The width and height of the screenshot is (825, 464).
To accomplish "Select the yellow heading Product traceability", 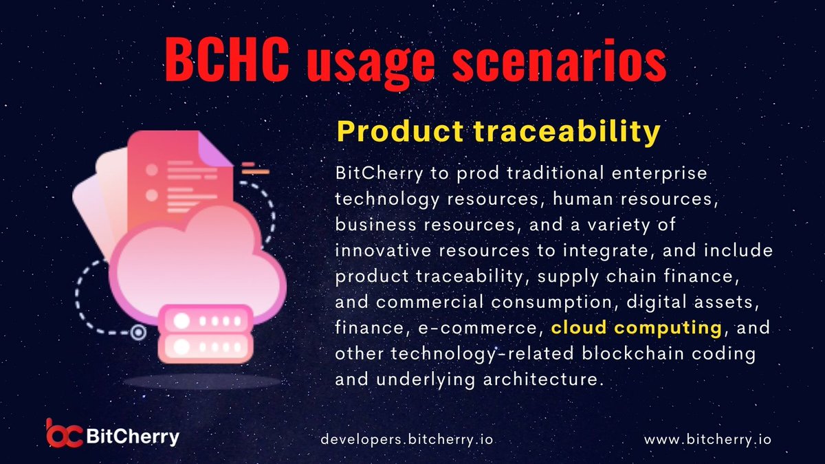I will coord(498,133).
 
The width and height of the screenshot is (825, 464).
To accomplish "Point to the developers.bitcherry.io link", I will coord(408,438).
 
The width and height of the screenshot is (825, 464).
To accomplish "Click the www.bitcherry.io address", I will coord(707,438).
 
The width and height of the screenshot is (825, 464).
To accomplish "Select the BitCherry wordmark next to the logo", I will coord(134,436).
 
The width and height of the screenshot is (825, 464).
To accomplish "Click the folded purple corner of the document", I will coord(219,151).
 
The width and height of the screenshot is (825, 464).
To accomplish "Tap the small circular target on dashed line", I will coord(138,333).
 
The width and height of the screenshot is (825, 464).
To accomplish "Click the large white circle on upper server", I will coord(181,321).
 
